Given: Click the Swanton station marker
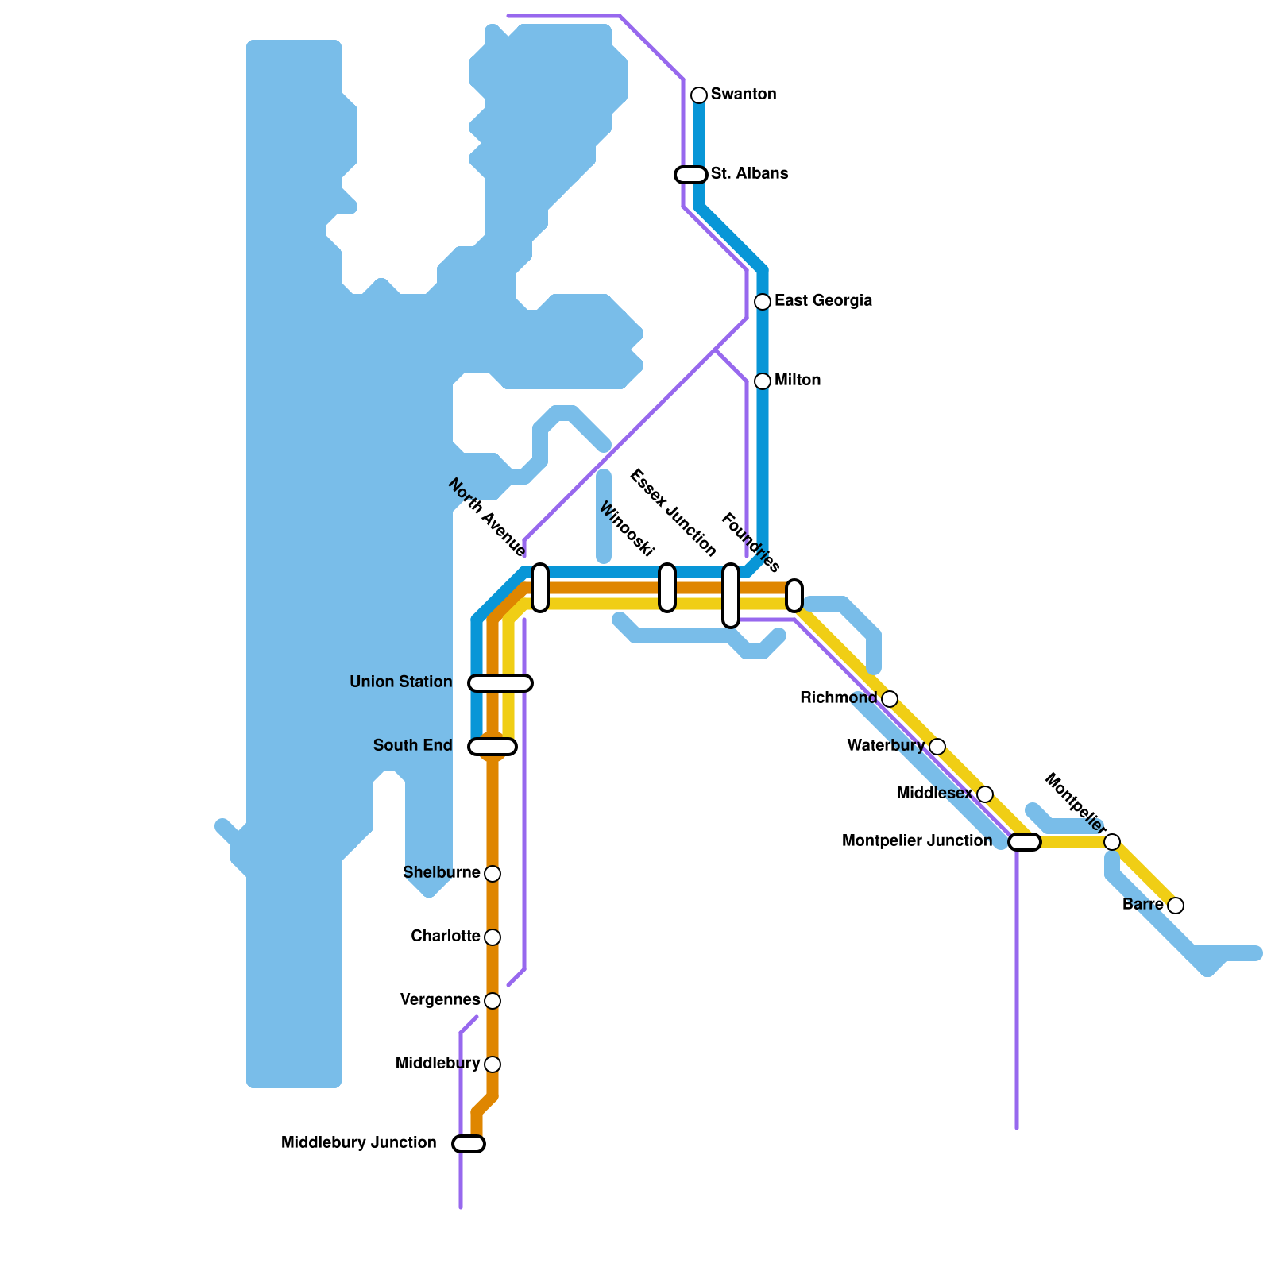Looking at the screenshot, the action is [x=699, y=95].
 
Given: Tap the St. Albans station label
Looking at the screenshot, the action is [x=749, y=173].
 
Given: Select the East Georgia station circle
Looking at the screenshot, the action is [x=763, y=302].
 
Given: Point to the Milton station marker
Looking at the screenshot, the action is [x=763, y=381].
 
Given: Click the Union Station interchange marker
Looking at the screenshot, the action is [x=500, y=683].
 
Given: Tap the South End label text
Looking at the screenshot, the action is [x=412, y=745].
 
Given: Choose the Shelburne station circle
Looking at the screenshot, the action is [x=493, y=874].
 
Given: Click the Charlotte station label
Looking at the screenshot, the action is [x=445, y=936].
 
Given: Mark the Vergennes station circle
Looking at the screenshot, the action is [x=493, y=1001].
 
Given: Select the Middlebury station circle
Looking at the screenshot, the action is [x=493, y=1064].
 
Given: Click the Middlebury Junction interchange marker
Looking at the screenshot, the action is [x=469, y=1144].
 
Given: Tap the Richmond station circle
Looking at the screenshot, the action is [x=890, y=699].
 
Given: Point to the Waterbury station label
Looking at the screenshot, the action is [x=885, y=745].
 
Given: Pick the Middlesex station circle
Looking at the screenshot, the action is [x=985, y=794].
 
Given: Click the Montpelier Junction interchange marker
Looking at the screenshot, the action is [x=1025, y=842].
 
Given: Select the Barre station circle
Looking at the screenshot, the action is [x=1176, y=906].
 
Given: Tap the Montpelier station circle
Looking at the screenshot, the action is [x=1112, y=842].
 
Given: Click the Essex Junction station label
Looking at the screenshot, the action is [x=673, y=513].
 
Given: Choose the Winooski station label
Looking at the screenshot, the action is [x=626, y=529].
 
